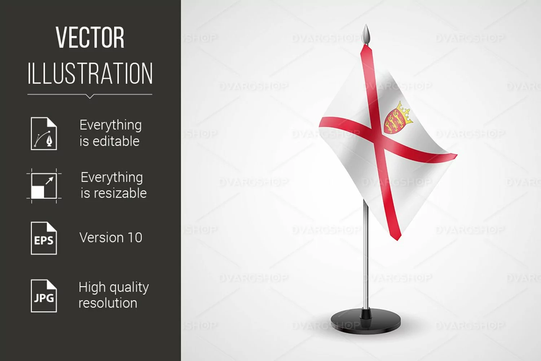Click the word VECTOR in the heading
[x=90, y=38]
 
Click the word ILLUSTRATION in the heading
[x=90, y=73]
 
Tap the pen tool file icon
[x=44, y=134]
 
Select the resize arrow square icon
[x=44, y=186]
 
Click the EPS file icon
[x=44, y=238]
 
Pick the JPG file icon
[x=44, y=296]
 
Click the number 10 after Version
[x=135, y=238]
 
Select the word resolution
[x=108, y=303]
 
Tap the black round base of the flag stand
[x=366, y=322]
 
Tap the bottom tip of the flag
[x=397, y=240]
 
